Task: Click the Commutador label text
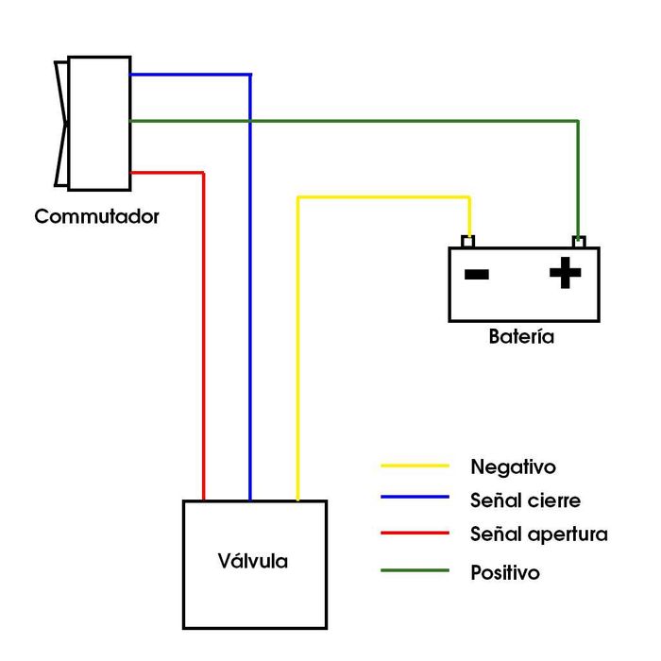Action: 96,216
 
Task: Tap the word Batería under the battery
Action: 521,336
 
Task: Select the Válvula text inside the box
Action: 253,561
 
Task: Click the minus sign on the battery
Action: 477,275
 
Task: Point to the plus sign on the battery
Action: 566,274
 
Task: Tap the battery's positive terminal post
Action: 578,242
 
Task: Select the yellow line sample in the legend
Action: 415,466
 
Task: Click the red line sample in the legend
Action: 415,534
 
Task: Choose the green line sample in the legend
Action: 415,570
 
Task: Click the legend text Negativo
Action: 513,466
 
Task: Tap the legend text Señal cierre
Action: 525,500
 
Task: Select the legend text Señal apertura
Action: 538,534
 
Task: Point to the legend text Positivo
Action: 504,572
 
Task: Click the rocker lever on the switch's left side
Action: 61,123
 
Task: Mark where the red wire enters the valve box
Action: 204,500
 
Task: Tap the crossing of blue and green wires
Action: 250,121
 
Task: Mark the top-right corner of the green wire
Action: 578,121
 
